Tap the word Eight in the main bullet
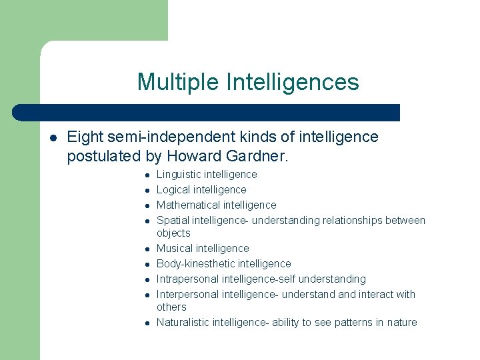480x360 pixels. coord(85,137)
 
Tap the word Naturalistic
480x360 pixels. coord(183,323)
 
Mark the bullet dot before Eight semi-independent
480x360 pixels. coord(52,138)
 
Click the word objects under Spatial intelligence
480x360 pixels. coord(173,233)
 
